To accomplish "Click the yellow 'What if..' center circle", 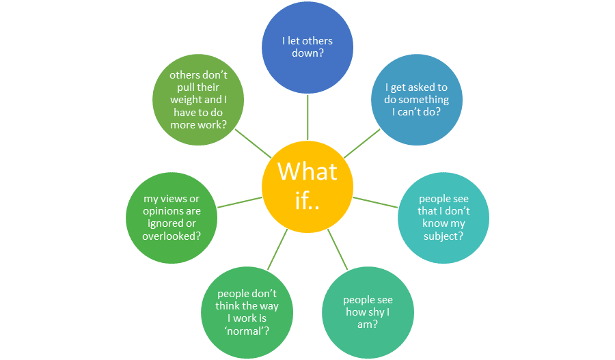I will pyautogui.click(x=307, y=184).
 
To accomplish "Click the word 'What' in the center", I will pyautogui.click(x=307, y=171).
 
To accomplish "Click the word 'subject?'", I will pyautogui.click(x=443, y=236).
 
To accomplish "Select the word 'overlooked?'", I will pyautogui.click(x=172, y=236).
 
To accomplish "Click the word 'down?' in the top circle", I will pyautogui.click(x=307, y=53).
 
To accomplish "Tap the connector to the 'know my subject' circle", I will pyautogui.click(x=375, y=203).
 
